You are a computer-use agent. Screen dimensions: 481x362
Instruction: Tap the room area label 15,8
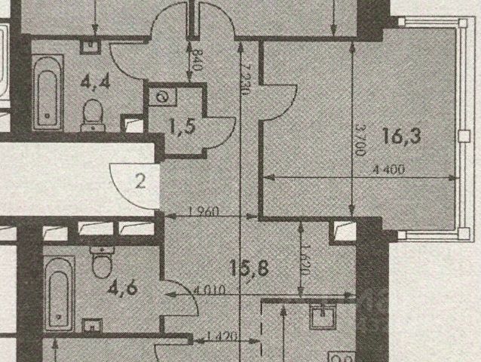(250, 267)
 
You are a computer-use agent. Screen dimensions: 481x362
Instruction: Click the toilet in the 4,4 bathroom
(93, 113)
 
